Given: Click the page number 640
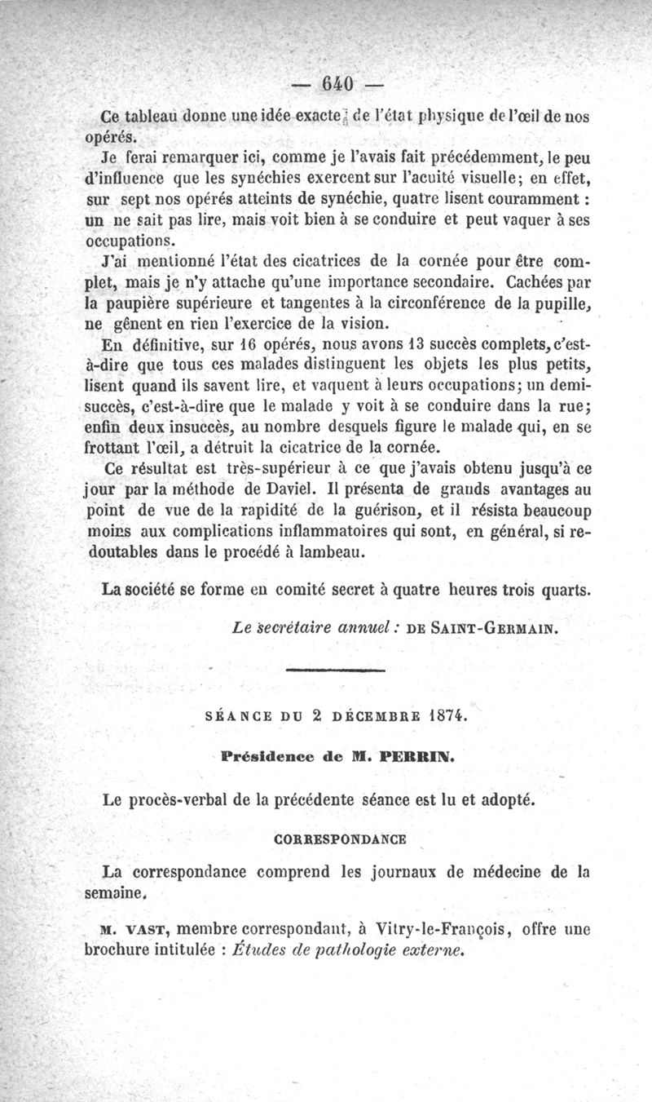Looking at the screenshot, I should click(x=336, y=84).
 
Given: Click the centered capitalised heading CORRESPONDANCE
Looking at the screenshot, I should click(x=341, y=838).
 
